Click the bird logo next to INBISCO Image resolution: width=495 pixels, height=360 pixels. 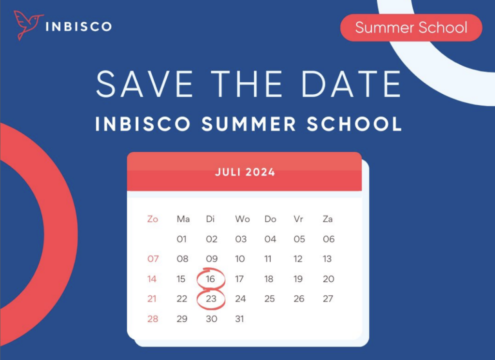pyautogui.click(x=28, y=25)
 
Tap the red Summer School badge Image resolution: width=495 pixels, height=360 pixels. pyautogui.click(x=411, y=28)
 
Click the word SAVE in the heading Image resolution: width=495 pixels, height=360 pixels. pyautogui.click(x=145, y=84)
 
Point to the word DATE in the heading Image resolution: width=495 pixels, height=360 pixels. pyautogui.click(x=352, y=84)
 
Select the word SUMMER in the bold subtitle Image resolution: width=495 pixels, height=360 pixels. pyautogui.click(x=249, y=124)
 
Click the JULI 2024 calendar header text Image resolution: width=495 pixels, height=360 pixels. pyautogui.click(x=245, y=173)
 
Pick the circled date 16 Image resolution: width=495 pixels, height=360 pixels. pyautogui.click(x=211, y=279)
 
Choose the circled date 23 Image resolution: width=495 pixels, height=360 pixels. pyautogui.click(x=211, y=299)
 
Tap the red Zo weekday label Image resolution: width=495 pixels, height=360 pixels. pyautogui.click(x=152, y=219)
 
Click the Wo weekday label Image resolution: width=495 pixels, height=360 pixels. pyautogui.click(x=243, y=219)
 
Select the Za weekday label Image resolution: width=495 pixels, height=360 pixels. pyautogui.click(x=328, y=219)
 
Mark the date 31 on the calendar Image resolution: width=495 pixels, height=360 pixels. pyautogui.click(x=240, y=319)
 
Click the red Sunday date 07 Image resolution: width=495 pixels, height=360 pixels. pyautogui.click(x=153, y=259)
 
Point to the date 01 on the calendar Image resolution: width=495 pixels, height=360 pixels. pyautogui.click(x=182, y=239)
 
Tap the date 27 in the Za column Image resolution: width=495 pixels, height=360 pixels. pyautogui.click(x=328, y=299)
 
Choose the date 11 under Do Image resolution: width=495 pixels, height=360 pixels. pyautogui.click(x=268, y=259)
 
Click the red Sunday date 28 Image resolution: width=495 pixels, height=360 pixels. pyautogui.click(x=153, y=319)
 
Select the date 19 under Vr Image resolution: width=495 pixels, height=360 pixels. pyautogui.click(x=298, y=279)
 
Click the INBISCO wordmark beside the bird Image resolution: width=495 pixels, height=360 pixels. pyautogui.click(x=79, y=27)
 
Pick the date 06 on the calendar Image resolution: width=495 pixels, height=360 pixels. pyautogui.click(x=329, y=239)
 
